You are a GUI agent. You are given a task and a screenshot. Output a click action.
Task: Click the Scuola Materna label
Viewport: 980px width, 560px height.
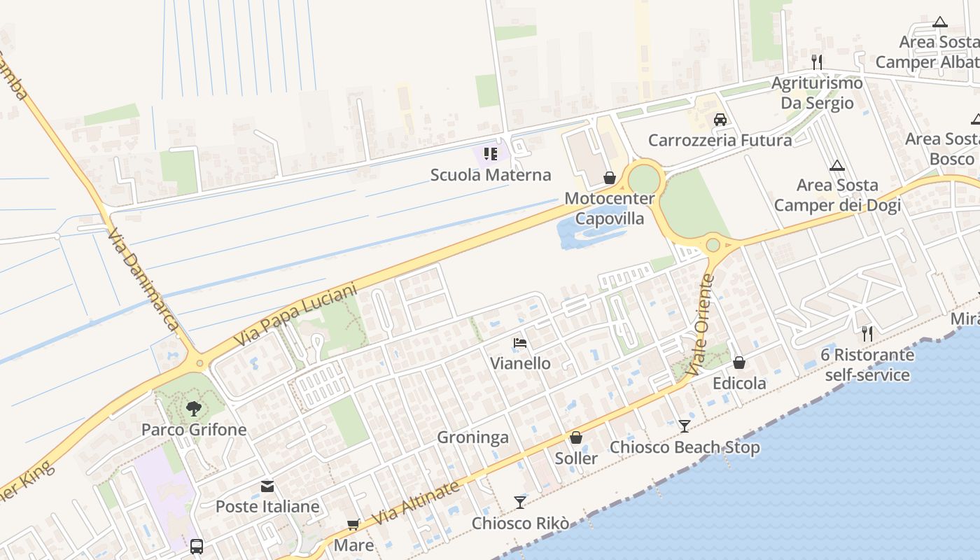pos(491,175)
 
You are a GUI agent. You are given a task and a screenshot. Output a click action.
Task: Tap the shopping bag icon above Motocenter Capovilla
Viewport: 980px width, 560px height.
pos(610,178)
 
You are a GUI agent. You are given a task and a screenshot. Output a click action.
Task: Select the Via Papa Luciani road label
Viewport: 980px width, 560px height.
pos(295,315)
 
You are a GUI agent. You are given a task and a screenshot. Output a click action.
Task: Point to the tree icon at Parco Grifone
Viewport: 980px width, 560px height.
pos(194,408)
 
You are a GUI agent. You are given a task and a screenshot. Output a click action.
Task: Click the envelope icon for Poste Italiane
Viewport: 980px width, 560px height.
pos(267,486)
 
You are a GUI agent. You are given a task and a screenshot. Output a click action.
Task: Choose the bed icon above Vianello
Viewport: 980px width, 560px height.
pos(520,343)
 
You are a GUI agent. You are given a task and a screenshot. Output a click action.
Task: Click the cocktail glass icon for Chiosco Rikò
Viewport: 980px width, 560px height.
pos(520,502)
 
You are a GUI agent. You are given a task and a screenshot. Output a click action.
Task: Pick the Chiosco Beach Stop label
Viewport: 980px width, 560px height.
pos(685,447)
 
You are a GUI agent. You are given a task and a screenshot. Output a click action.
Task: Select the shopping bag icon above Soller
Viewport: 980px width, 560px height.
pos(576,437)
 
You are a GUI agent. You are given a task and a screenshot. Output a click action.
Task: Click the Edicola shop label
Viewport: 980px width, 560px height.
pos(739,384)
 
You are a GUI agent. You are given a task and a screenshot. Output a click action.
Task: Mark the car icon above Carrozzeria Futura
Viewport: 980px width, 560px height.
pos(720,119)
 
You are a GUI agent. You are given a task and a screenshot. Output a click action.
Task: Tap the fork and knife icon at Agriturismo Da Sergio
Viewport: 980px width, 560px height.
pos(816,62)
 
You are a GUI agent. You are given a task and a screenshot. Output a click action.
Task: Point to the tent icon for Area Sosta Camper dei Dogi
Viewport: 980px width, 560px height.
pos(837,166)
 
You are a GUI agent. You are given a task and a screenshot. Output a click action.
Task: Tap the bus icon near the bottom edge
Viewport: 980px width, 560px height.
pos(197,546)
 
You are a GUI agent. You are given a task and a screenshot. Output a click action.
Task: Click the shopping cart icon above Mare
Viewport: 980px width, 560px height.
pos(353,524)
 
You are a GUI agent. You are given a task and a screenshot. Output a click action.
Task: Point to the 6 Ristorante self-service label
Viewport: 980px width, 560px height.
pos(868,365)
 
